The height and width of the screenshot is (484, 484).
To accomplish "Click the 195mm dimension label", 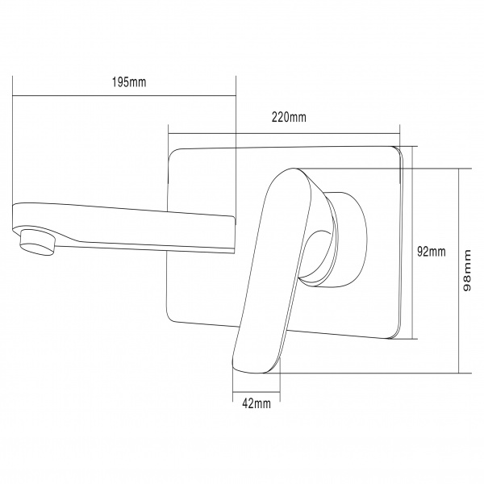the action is coord(129,82).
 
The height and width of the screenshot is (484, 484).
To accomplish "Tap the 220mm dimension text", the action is coord(289,117).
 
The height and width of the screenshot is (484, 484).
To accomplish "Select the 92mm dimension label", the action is coord(432,252).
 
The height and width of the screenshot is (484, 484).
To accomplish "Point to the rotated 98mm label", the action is coord(467,271).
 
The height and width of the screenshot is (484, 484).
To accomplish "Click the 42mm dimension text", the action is coord(257,403).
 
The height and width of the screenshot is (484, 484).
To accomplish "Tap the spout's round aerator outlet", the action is coord(38,242).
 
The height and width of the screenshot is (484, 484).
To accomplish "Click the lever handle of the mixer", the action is coord(272,270).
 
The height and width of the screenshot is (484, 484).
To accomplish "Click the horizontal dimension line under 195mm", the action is coord(124,96).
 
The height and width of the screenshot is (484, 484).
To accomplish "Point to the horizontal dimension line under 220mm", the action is coord(284,134).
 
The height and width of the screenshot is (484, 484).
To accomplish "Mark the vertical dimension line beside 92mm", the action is coord(413,242).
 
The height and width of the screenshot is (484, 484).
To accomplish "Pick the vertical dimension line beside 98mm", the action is coord(459,271).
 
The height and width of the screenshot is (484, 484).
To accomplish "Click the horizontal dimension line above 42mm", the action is coord(257,392).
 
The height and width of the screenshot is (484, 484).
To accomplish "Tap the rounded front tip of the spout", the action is coord(14,216).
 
